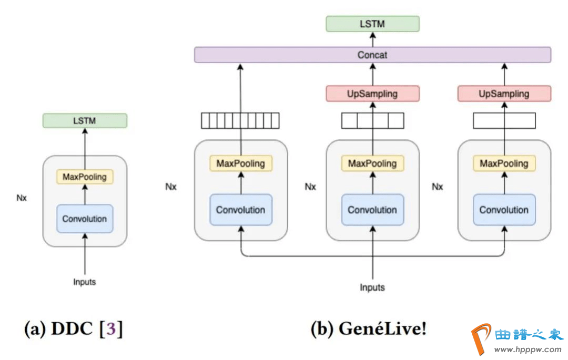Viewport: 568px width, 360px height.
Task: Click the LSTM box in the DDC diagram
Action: point(85,121)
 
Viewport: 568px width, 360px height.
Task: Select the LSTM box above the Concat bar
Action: point(372,24)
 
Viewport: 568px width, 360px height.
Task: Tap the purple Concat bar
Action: point(372,55)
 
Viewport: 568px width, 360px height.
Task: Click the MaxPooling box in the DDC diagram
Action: point(85,177)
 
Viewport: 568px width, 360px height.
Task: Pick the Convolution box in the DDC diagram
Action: point(85,219)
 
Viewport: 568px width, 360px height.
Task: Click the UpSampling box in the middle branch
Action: point(372,94)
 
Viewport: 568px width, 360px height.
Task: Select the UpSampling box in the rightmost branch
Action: point(504,94)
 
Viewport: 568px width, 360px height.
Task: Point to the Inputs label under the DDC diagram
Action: point(85,282)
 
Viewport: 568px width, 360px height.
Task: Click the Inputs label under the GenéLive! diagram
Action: point(372,287)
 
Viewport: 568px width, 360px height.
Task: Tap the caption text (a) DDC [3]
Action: point(74,329)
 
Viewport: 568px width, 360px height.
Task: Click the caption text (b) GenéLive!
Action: point(368,329)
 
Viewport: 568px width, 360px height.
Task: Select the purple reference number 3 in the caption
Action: point(110,330)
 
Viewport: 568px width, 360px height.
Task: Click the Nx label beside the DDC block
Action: point(22,198)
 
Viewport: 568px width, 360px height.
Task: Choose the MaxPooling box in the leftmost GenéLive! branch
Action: point(241,163)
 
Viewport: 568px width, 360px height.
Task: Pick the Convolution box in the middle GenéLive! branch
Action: point(372,210)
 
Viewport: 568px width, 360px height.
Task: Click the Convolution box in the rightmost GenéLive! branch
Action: point(504,210)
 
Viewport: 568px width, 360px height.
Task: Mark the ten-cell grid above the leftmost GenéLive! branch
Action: point(240,121)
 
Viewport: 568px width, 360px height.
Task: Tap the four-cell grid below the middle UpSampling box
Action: point(372,121)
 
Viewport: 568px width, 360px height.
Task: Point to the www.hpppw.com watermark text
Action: point(528,349)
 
